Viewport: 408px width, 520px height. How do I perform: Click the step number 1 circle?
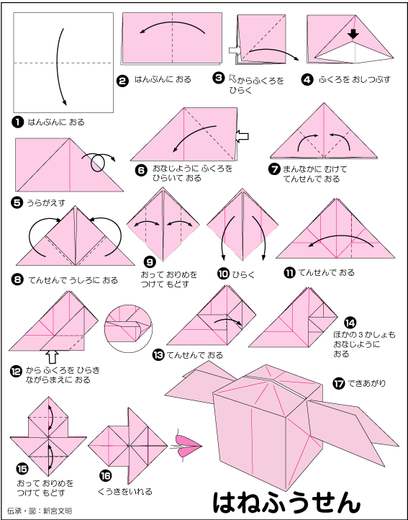(18, 122)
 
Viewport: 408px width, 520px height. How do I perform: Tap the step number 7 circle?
(274, 169)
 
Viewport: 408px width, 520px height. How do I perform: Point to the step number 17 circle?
(338, 384)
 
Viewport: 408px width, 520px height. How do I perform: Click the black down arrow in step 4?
(354, 34)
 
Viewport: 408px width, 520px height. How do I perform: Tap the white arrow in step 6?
(242, 136)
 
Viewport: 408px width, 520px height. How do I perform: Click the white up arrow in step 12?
(53, 357)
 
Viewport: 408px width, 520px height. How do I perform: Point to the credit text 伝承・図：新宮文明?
(40, 511)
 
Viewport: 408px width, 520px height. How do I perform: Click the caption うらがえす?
(46, 202)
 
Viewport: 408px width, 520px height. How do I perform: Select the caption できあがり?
(366, 384)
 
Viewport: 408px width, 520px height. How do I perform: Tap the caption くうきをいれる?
(125, 491)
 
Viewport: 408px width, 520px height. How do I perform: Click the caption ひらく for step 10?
(243, 274)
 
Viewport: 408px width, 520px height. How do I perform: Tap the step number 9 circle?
(150, 262)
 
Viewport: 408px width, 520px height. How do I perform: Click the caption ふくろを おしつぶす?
(355, 80)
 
